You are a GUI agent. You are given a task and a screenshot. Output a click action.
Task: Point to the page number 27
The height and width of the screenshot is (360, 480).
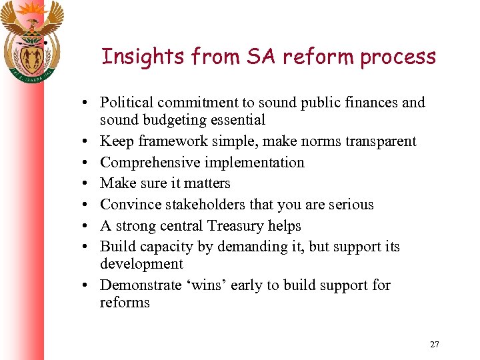pyautogui.click(x=435, y=345)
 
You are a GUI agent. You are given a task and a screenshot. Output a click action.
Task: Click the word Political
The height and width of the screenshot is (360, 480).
pyautogui.click(x=127, y=103)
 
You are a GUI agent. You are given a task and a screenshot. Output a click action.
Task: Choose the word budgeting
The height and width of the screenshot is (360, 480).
pyautogui.click(x=171, y=121)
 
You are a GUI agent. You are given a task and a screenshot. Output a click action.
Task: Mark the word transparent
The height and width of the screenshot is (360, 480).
pyautogui.click(x=379, y=141)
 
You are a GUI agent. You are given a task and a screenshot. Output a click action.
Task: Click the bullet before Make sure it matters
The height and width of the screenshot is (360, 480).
pyautogui.click(x=87, y=183)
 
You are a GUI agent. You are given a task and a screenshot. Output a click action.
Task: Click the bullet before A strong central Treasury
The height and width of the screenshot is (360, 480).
pyautogui.click(x=87, y=226)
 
